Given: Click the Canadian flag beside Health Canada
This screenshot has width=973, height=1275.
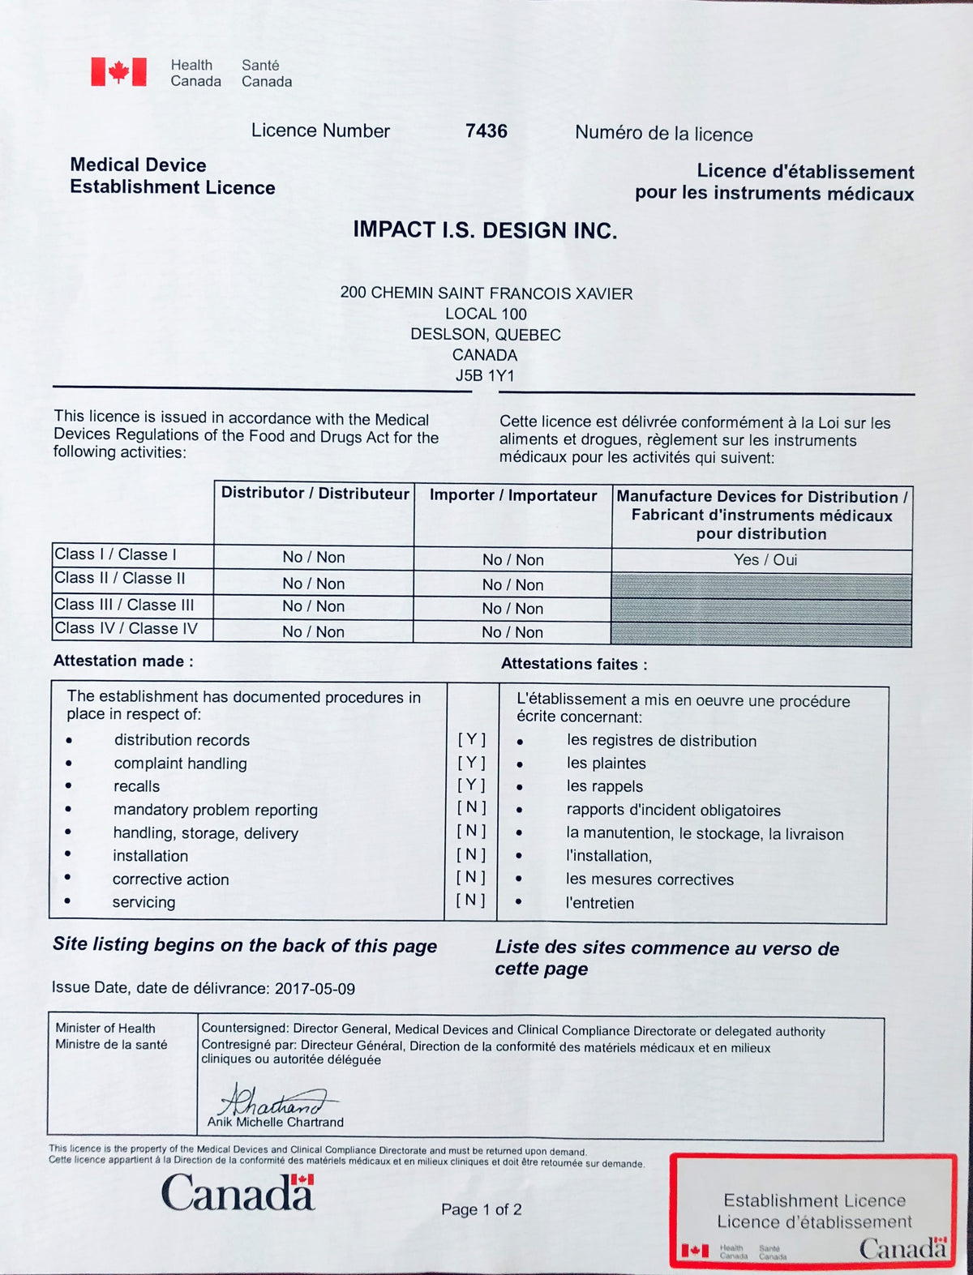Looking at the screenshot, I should pyautogui.click(x=118, y=72).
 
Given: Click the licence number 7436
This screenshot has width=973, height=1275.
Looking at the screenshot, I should pyautogui.click(x=486, y=131).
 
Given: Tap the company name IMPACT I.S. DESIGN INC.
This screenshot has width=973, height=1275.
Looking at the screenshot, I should pyautogui.click(x=485, y=230).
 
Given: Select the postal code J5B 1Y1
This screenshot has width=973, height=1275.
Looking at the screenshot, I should pyautogui.click(x=485, y=375).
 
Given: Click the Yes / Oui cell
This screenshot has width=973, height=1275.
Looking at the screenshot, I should pyautogui.click(x=765, y=560).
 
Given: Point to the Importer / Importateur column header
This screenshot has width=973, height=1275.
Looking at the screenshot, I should pyautogui.click(x=513, y=495).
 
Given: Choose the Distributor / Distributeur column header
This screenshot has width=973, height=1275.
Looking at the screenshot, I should pyautogui.click(x=315, y=493).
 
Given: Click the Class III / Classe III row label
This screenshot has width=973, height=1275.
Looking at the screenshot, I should pyautogui.click(x=124, y=605).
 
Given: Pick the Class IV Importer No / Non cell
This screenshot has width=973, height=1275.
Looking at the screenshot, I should pyautogui.click(x=512, y=632).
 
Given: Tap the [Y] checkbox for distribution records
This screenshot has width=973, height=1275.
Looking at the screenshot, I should pyautogui.click(x=472, y=739).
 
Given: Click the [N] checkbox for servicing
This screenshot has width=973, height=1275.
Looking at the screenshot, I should pyautogui.click(x=471, y=900).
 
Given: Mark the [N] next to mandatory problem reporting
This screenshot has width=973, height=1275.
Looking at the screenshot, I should pyautogui.click(x=472, y=807).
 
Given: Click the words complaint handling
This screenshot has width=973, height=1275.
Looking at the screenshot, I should pyautogui.click(x=180, y=764).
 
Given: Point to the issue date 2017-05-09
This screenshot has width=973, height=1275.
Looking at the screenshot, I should pyautogui.click(x=315, y=989).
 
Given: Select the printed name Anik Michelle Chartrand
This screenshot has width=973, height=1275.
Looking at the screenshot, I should pyautogui.click(x=276, y=1123).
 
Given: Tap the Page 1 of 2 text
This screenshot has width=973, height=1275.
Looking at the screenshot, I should pyautogui.click(x=481, y=1209).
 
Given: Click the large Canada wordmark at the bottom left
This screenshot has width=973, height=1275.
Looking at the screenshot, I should pyautogui.click(x=238, y=1192).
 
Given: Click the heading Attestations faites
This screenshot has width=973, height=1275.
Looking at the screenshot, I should pyautogui.click(x=574, y=665).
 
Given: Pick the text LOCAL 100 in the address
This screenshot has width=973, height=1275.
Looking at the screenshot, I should pyautogui.click(x=486, y=314).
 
